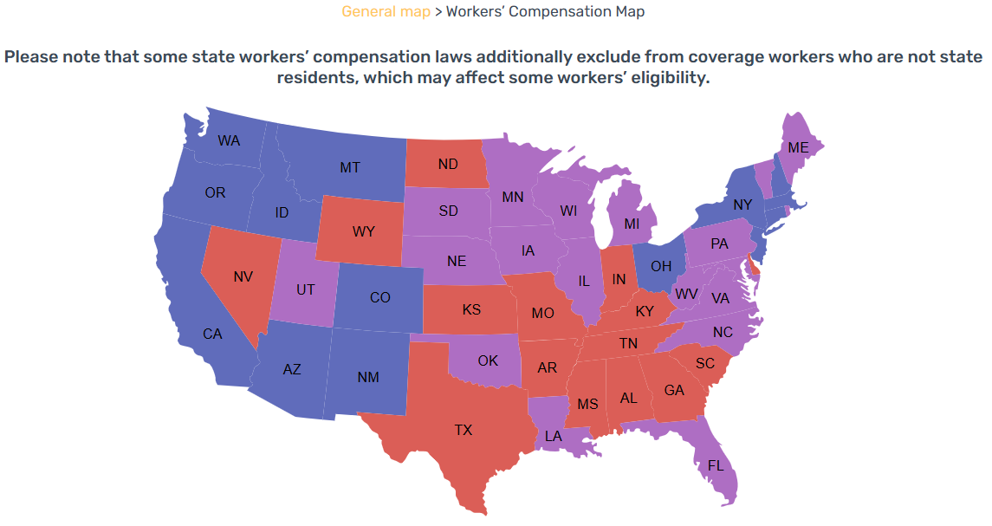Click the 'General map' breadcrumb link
[x=386, y=11]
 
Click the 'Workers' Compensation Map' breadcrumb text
[x=545, y=11]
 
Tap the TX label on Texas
[x=464, y=429]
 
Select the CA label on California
[x=213, y=334]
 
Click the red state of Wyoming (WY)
[x=363, y=232]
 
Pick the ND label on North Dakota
[x=448, y=164]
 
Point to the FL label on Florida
[x=716, y=465]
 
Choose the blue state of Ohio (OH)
[x=661, y=266]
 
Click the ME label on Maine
[x=798, y=148]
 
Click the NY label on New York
[x=742, y=205]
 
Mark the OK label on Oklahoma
[x=488, y=360]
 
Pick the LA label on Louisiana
[x=554, y=436]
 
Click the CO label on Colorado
[x=379, y=297]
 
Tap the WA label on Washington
[x=229, y=140]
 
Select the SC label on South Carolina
[x=705, y=364]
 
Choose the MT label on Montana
[x=349, y=167]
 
